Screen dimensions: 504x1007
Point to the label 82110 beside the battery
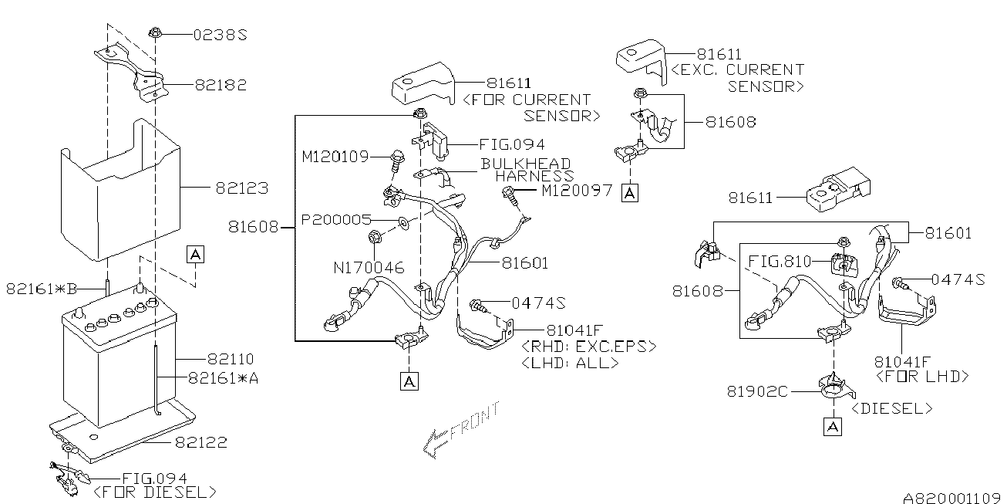tap(231, 359)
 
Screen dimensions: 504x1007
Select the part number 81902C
tap(757, 391)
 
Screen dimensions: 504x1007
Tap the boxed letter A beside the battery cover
tap(195, 253)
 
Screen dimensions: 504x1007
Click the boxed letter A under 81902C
tap(832, 426)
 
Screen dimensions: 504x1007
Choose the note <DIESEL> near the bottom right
tap(891, 408)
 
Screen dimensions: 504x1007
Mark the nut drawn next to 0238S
tap(156, 33)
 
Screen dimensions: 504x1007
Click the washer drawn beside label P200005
tap(404, 224)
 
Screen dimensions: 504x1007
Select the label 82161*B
tap(42, 289)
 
